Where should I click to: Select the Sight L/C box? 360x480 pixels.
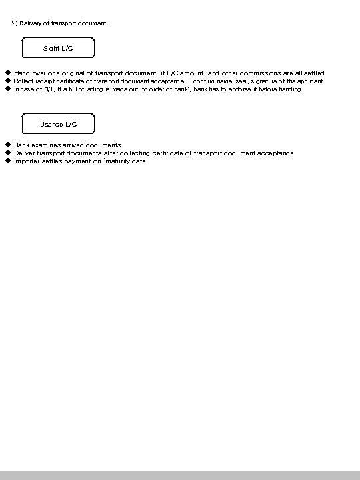tap(58, 48)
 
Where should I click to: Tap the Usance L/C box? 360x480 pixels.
tap(58, 124)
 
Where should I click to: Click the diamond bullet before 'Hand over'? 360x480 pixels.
tap(7, 73)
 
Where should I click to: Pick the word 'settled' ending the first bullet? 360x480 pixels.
tap(313, 73)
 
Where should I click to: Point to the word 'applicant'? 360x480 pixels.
tap(309, 81)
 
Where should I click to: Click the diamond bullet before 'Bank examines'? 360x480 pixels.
tap(7, 145)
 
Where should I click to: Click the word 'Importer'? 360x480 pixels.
tap(27, 161)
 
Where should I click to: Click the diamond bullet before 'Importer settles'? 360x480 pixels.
tap(7, 161)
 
